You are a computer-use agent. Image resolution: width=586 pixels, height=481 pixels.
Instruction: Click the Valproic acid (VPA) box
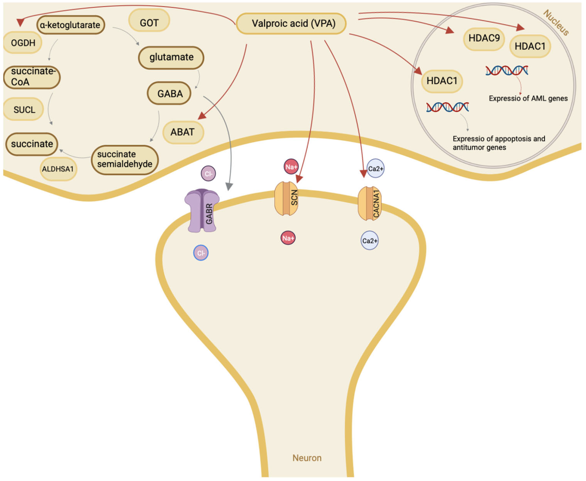[291, 24]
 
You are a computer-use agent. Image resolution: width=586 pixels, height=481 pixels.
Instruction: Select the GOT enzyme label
[149, 23]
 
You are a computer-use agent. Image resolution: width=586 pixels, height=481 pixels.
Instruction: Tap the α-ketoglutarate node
[70, 25]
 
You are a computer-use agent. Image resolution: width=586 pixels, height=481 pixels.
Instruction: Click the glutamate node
[171, 57]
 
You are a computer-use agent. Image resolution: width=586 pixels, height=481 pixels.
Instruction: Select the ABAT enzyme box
[183, 132]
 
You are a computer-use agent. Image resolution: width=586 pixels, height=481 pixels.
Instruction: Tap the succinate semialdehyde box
[124, 159]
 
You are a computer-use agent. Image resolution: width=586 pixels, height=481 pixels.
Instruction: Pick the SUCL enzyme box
[24, 109]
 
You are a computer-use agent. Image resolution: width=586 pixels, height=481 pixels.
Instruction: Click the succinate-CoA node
[32, 77]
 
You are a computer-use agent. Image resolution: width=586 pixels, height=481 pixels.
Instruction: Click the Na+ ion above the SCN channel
[291, 167]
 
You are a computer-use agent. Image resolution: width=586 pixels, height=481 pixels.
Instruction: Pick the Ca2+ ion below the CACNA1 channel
[370, 241]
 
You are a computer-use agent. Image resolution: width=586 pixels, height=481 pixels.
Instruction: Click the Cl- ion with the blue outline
[201, 253]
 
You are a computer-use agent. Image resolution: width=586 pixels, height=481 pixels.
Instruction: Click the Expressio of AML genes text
[528, 98]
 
